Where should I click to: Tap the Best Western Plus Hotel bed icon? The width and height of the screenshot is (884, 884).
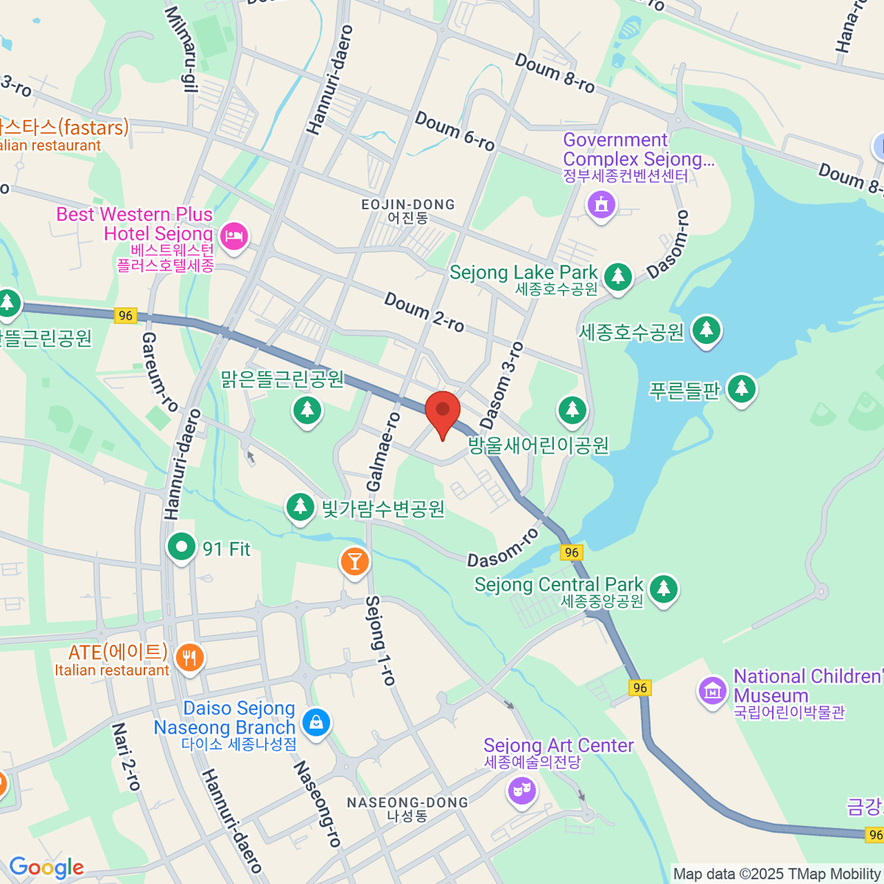point(234,236)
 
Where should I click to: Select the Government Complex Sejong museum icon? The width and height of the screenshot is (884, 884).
point(601,204)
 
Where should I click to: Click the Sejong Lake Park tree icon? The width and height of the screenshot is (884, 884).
point(618,277)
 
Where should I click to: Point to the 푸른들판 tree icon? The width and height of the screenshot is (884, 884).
point(741,387)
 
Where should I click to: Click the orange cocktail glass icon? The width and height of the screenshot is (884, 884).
point(354,561)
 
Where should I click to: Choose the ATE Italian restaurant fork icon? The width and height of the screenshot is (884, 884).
point(190,657)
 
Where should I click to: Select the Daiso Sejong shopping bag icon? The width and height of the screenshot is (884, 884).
point(316,722)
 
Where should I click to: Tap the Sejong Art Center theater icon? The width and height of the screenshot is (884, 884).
point(522,791)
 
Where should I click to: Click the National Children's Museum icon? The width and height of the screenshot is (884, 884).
point(712,691)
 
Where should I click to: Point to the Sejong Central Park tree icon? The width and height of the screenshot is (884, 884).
point(664,588)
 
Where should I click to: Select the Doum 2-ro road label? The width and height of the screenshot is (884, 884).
point(424,312)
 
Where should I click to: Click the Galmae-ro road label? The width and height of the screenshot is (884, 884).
point(384,452)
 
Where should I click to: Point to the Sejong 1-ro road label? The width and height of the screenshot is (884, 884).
point(381,640)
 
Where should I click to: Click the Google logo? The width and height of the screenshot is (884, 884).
point(46,867)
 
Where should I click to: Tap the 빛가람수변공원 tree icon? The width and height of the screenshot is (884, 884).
point(300,507)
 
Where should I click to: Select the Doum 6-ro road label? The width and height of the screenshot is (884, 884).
point(455,131)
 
